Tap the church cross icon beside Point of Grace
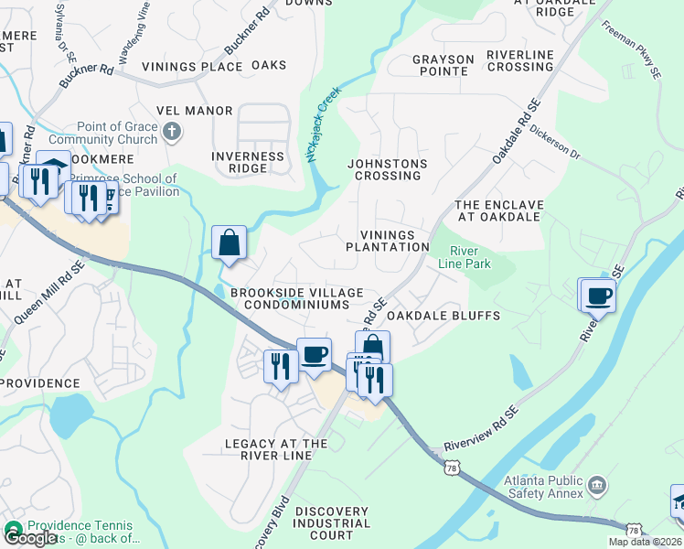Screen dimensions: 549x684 coord(171,134)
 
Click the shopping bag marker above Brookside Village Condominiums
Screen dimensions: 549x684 coord(229,244)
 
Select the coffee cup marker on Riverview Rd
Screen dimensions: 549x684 coord(598,296)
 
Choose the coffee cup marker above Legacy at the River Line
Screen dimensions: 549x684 coord(314,355)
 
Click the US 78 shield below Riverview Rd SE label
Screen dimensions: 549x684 coord(451,468)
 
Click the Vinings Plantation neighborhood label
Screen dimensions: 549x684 coord(387,241)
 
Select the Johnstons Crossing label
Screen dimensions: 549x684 coord(387,169)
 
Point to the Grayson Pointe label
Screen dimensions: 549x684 coord(444,66)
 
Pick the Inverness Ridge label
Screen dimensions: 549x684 coord(248,162)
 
